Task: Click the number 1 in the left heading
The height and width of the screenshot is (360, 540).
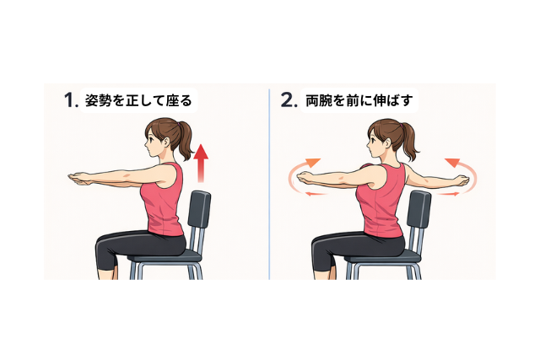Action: [x=69, y=100]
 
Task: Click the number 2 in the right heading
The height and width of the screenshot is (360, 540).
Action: [x=287, y=100]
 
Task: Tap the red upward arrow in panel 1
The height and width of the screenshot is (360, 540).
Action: [x=201, y=163]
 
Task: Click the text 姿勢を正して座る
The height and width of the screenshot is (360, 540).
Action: [x=138, y=101]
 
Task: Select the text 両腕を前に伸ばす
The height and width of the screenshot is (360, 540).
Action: [x=359, y=101]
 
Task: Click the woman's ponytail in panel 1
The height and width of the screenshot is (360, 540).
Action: [x=185, y=141]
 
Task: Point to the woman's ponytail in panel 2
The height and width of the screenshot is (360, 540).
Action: [x=410, y=142]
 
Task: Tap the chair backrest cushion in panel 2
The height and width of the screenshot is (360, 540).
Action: [x=418, y=209]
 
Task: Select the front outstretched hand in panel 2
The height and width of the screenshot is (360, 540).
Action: [x=307, y=178]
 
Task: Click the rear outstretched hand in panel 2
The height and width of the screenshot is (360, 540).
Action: [x=461, y=180]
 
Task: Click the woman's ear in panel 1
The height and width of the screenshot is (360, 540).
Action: [x=167, y=142]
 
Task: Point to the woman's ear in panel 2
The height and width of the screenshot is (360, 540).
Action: [x=389, y=143]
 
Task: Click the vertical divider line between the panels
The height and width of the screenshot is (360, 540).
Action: [x=269, y=184]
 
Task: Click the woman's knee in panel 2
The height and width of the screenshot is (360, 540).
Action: [x=317, y=245]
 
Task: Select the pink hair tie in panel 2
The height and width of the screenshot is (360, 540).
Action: [x=401, y=126]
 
